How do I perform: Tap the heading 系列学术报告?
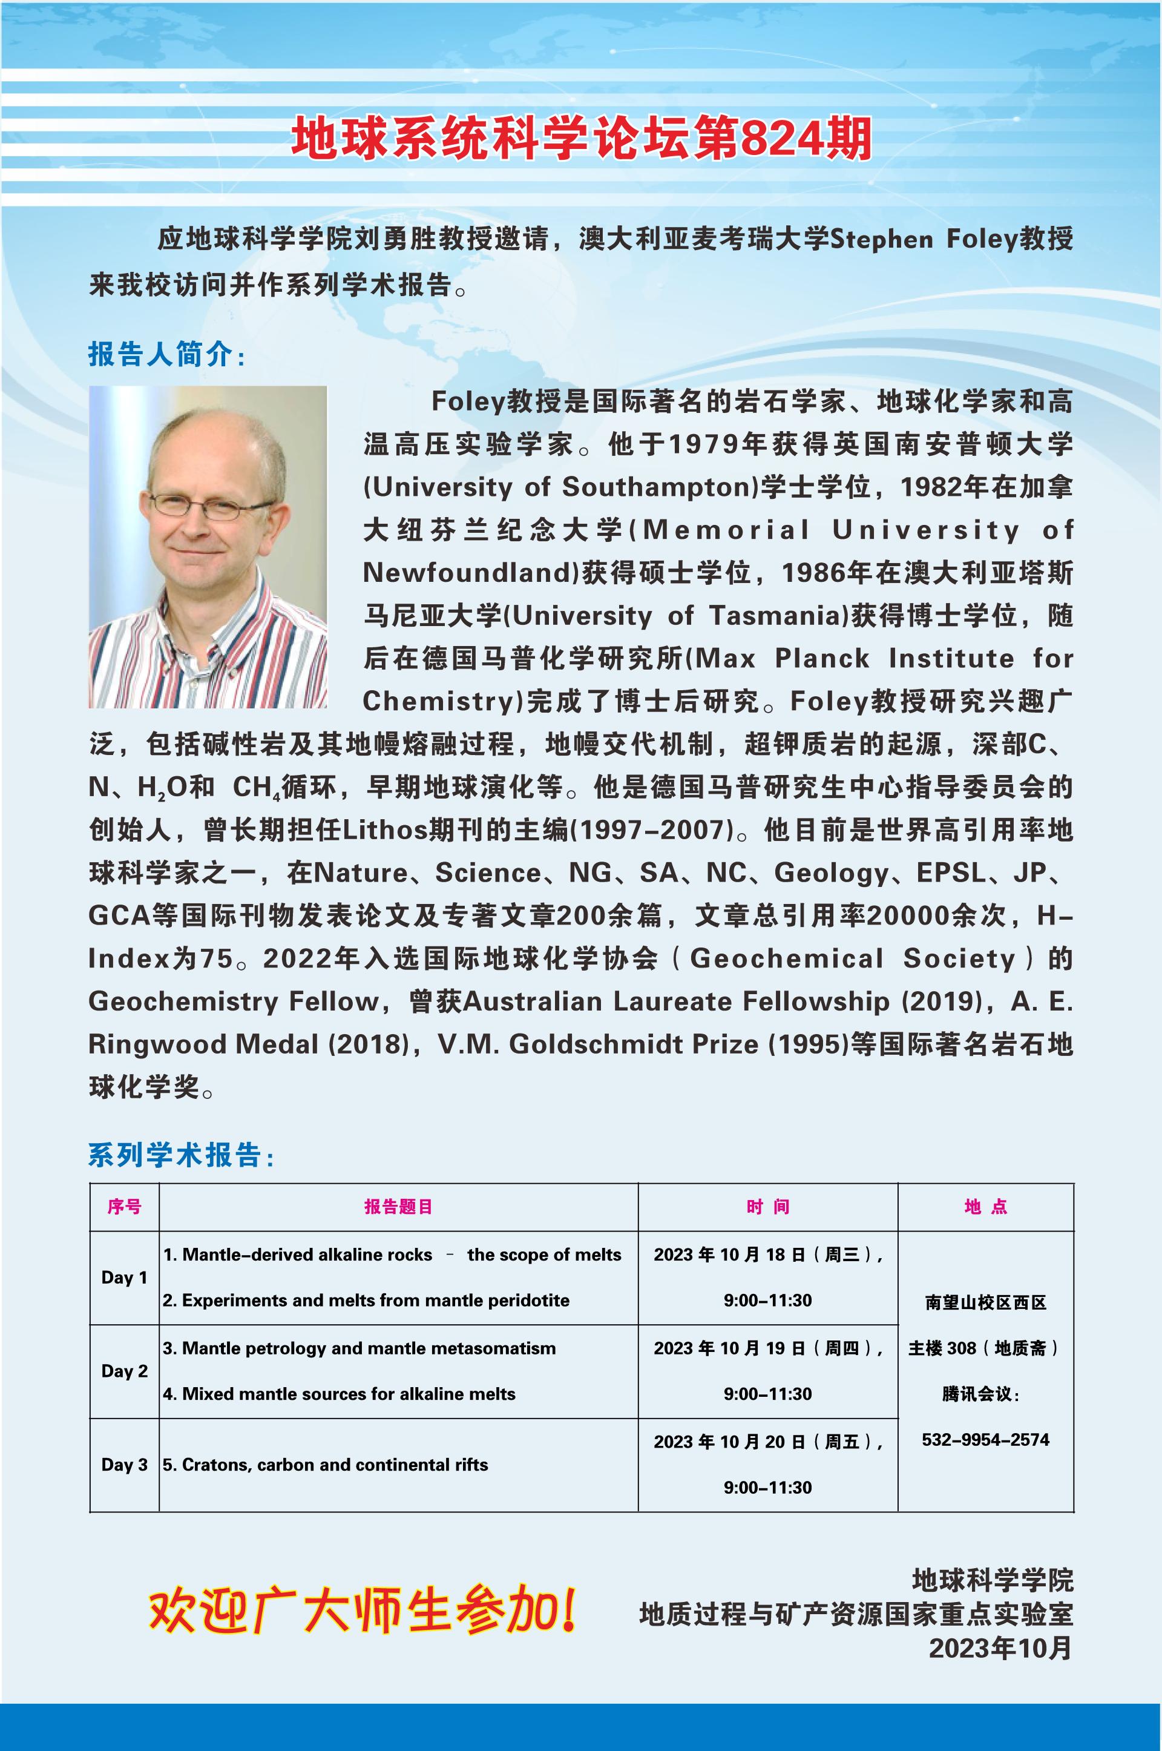tap(179, 1156)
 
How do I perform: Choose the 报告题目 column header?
tap(398, 1207)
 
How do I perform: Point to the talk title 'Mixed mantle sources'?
tap(339, 1394)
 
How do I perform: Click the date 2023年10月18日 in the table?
tap(730, 1255)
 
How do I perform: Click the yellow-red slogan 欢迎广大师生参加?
tap(363, 1609)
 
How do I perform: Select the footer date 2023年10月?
tap(1000, 1649)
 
